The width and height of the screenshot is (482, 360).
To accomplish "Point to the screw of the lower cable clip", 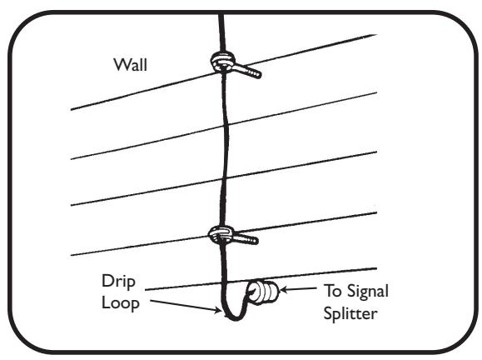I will click(x=246, y=240).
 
